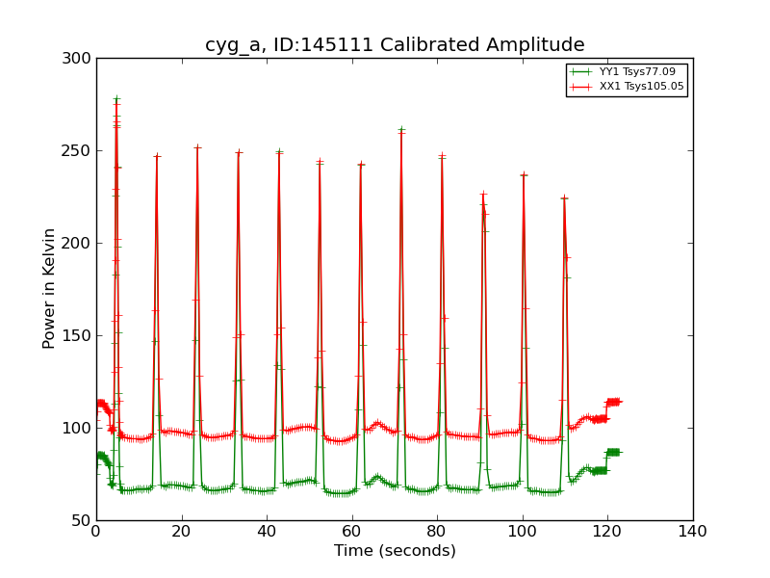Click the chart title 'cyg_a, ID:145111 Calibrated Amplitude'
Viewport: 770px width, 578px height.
pos(395,44)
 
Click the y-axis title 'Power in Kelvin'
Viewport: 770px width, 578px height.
pos(49,289)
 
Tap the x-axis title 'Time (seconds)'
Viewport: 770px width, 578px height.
pos(395,551)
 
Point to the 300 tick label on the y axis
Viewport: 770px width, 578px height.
pos(80,59)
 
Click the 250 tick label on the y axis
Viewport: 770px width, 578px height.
pos(80,151)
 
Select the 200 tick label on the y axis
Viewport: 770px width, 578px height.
pos(80,244)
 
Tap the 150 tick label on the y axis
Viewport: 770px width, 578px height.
pos(80,336)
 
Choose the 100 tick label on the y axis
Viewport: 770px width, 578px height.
pos(80,429)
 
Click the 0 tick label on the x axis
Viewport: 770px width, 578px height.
pos(96,530)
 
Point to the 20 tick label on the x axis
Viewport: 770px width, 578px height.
pos(181,530)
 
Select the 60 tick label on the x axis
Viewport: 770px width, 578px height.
pos(352,530)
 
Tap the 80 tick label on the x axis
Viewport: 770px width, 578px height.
pos(437,530)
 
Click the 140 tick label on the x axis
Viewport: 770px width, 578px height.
pos(693,530)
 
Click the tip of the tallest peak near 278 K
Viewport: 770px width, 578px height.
pos(116,98)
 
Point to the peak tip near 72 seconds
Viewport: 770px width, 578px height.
pos(401,130)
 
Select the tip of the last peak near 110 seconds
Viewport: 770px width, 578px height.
pos(564,198)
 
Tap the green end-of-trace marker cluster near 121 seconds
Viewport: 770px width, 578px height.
pos(612,452)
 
